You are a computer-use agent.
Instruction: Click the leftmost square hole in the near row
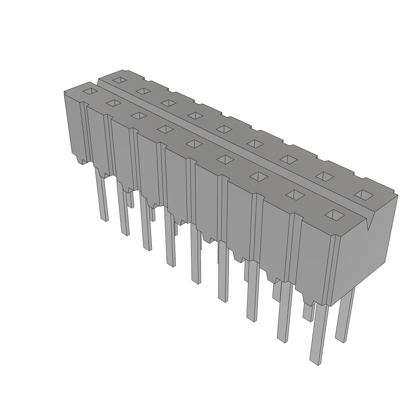[x=90, y=91]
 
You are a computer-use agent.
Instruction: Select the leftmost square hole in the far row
[x=119, y=80]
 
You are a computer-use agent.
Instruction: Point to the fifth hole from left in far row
[x=224, y=129]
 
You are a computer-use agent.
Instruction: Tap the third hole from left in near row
[x=139, y=116]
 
